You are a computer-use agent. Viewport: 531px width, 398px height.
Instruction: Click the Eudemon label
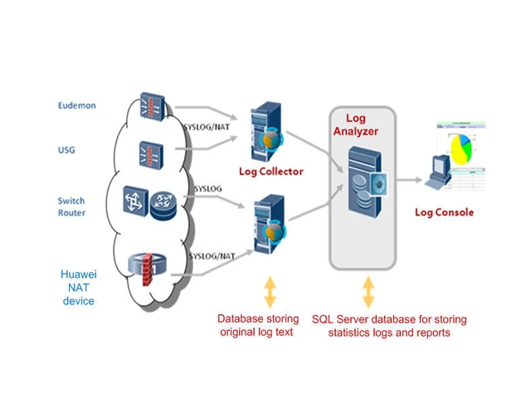(77, 105)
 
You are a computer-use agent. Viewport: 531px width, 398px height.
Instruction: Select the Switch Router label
(71, 206)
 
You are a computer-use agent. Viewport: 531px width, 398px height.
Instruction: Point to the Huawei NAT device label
(79, 287)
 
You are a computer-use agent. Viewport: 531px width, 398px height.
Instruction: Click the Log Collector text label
(270, 172)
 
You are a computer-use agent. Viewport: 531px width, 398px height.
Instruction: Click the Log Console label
(444, 212)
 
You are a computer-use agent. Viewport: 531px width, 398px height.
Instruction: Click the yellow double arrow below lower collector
(270, 290)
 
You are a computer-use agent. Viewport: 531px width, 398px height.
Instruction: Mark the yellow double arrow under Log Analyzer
(368, 291)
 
